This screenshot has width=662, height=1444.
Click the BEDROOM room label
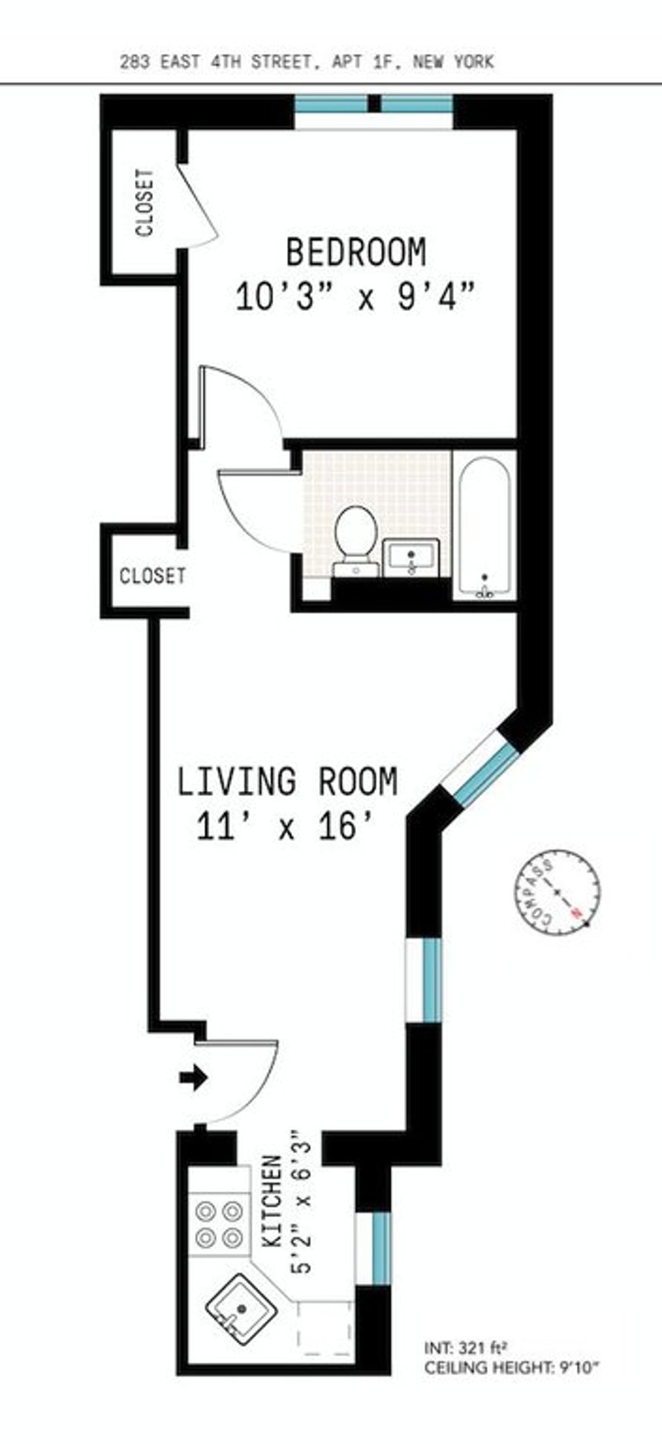[356, 252]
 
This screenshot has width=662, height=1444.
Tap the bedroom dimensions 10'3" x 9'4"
[357, 295]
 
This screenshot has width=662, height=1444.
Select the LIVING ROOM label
[287, 781]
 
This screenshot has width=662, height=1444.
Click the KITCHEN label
[272, 1202]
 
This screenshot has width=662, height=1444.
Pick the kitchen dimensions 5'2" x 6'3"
[301, 1202]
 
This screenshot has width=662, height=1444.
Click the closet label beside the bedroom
[145, 203]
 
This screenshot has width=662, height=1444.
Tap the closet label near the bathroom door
[152, 575]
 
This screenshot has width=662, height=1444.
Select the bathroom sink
[412, 556]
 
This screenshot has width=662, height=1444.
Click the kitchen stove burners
[219, 1225]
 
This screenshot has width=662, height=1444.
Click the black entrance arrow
[193, 1077]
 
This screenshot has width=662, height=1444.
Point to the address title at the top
[306, 61]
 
